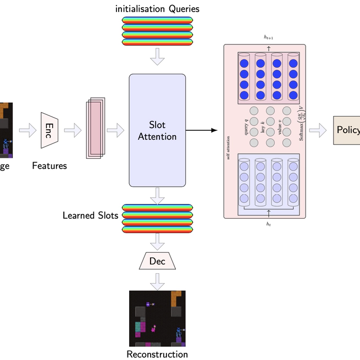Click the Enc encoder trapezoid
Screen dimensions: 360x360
[x=49, y=130]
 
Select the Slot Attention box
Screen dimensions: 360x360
[x=157, y=131]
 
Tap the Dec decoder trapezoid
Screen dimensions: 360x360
[x=157, y=261]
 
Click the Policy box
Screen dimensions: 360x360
[x=347, y=130]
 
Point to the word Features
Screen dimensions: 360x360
[x=49, y=165]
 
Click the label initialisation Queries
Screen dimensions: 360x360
[x=157, y=9]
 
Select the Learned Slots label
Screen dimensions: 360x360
[x=90, y=215]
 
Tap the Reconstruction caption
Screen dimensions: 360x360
[x=157, y=354]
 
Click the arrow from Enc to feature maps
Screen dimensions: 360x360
[x=73, y=131]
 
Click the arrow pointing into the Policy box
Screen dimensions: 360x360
[x=318, y=130]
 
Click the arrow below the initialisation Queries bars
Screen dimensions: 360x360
[x=158, y=57]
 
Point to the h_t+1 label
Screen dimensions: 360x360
[x=269, y=37]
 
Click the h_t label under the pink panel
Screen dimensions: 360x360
[x=269, y=224]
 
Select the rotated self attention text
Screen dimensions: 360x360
[x=228, y=149]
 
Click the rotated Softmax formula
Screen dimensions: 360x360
[x=302, y=123]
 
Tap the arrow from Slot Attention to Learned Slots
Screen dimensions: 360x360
[x=158, y=195]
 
